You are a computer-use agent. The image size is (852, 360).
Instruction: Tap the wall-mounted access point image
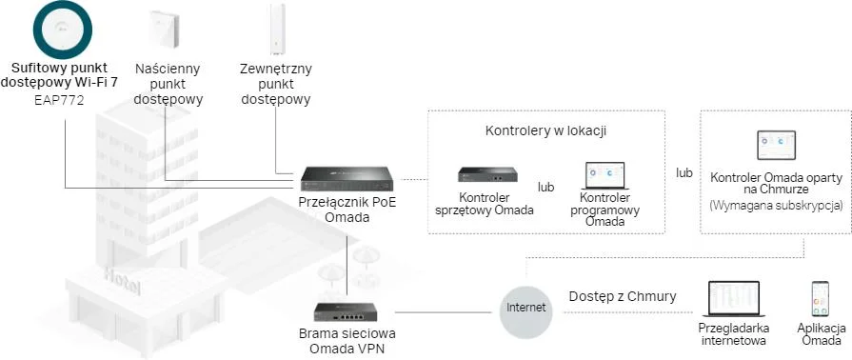pyautogui.click(x=167, y=28)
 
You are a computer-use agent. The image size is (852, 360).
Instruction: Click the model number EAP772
pyautogui.click(x=60, y=99)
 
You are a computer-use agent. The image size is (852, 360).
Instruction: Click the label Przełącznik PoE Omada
pyautogui.click(x=344, y=210)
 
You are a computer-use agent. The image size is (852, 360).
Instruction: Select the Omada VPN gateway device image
pyautogui.click(x=348, y=312)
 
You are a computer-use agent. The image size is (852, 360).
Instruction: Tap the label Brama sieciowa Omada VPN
pyautogui.click(x=347, y=340)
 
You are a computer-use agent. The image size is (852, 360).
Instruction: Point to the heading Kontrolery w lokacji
pyautogui.click(x=546, y=130)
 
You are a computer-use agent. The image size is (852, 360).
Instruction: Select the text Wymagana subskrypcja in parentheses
pyautogui.click(x=775, y=206)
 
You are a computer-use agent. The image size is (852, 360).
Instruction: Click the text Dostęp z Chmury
pyautogui.click(x=623, y=296)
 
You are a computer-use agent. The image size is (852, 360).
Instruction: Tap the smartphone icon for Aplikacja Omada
pyautogui.click(x=819, y=300)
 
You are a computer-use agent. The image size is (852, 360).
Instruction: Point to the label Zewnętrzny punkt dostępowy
pyautogui.click(x=276, y=84)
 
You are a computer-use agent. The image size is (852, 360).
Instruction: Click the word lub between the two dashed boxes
pyautogui.click(x=684, y=173)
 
